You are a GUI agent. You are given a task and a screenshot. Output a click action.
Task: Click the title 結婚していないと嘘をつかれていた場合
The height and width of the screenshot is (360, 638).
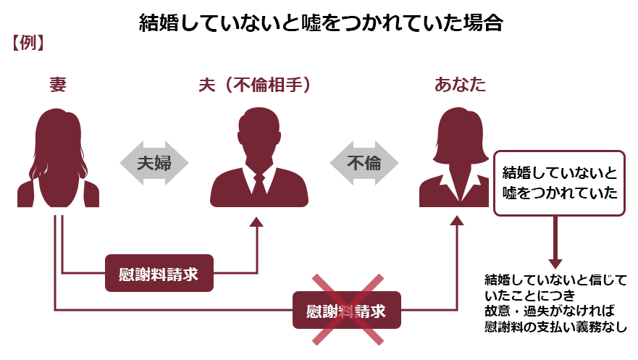tap(321, 22)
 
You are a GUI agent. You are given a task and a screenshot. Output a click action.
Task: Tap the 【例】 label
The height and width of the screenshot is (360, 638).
tap(28, 43)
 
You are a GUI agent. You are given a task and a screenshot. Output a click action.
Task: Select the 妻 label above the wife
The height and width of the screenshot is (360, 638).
tap(58, 85)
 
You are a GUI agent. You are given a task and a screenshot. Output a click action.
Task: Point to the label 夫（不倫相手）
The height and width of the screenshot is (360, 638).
tap(255, 85)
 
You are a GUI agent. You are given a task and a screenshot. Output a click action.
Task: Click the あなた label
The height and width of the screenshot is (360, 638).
tap(460, 85)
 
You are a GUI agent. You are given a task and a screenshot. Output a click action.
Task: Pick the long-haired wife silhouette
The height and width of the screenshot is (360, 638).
tap(58, 158)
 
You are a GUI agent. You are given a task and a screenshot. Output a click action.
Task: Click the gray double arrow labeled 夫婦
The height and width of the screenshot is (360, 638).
tap(154, 163)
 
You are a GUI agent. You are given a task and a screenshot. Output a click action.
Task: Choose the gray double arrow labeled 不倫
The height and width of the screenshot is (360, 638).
tap(364, 163)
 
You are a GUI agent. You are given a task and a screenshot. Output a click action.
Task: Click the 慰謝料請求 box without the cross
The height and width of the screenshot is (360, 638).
tap(159, 273)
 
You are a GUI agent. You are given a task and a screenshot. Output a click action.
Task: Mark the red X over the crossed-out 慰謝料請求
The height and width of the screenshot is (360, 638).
tap(348, 309)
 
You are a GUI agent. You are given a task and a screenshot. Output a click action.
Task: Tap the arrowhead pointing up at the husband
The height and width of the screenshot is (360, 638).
tap(257, 222)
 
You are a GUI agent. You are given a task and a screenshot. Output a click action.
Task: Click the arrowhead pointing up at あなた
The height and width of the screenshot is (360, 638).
tap(457, 220)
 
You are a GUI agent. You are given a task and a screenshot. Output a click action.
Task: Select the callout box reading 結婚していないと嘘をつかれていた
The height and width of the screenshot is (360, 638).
tap(559, 183)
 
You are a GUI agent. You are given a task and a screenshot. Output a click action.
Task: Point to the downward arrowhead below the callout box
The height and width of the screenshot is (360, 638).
tap(555, 264)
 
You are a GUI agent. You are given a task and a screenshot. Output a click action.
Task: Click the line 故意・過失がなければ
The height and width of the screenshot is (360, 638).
tap(550, 311)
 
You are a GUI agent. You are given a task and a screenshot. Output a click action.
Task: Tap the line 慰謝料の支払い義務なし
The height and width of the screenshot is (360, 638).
tap(555, 327)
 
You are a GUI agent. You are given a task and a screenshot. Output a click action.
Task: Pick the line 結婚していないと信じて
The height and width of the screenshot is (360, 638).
tap(555, 280)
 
